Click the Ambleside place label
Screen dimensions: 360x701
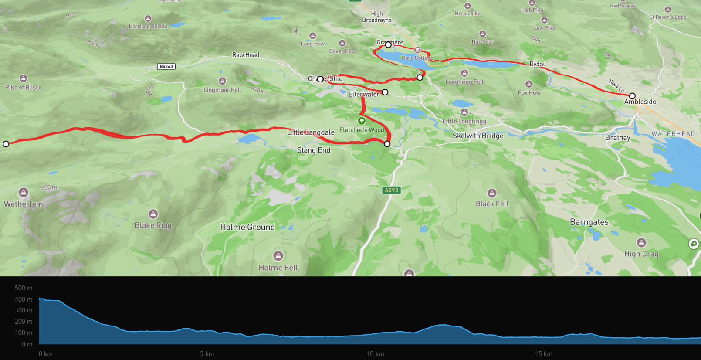(640, 102)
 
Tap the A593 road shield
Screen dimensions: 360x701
(391, 190)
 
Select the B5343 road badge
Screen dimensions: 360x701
(166, 67)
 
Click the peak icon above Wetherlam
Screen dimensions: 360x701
(24, 192)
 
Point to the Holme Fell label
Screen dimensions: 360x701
(278, 268)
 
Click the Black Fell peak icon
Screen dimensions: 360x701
(492, 193)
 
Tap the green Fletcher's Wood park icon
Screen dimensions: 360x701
(361, 121)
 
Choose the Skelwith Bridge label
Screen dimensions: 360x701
(478, 136)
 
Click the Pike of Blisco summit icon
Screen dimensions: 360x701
(24, 78)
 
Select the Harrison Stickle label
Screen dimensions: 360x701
(148, 27)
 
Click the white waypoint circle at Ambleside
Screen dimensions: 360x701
(632, 96)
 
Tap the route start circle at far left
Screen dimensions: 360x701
(6, 144)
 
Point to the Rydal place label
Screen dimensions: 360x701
(537, 64)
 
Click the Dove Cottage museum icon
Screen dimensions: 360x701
(417, 50)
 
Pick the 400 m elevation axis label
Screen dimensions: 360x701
(24, 299)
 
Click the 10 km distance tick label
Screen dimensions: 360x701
(375, 354)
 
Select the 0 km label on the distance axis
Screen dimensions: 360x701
(45, 354)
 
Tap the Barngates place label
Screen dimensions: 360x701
(589, 222)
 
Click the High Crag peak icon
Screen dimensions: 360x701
(641, 242)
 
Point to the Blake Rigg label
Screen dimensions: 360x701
(153, 225)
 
